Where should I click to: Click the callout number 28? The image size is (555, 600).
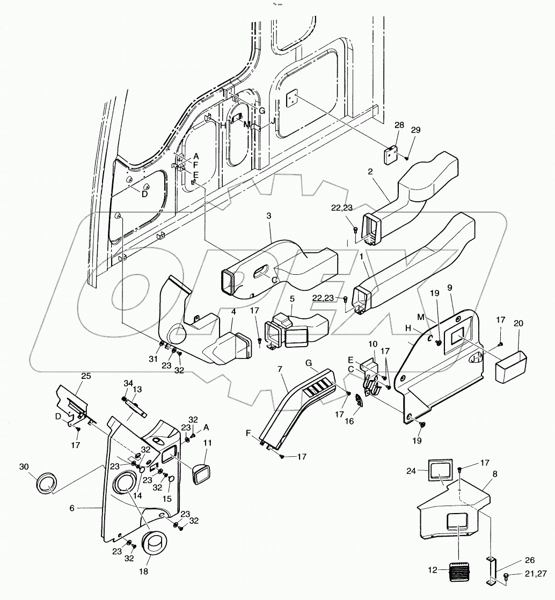click(x=399, y=125)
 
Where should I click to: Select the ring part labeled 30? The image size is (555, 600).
click(x=46, y=482)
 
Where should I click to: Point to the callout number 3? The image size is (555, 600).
click(x=269, y=215)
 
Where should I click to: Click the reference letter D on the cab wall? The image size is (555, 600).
click(x=144, y=194)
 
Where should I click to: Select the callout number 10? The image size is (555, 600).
click(x=373, y=344)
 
